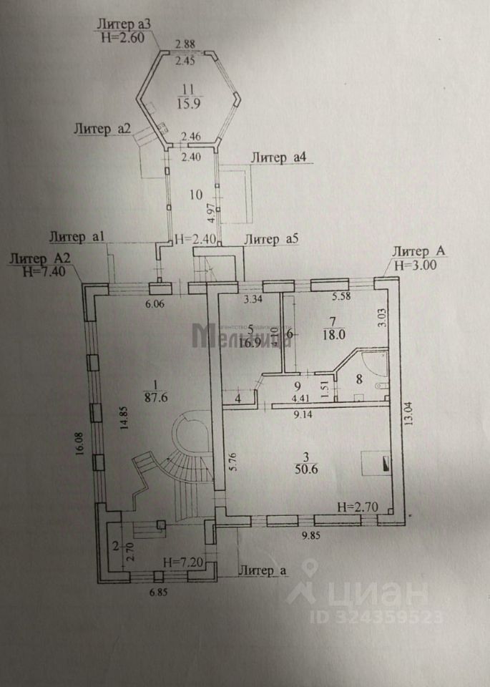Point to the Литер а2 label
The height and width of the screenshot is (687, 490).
click(101, 129)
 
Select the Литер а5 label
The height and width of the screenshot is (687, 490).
click(272, 240)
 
